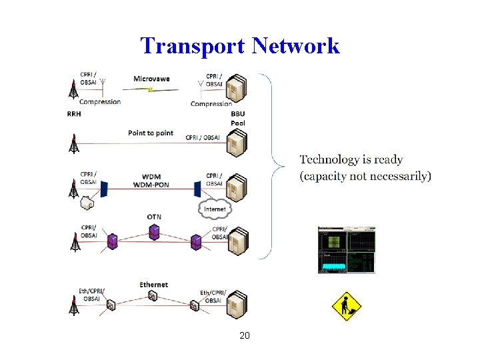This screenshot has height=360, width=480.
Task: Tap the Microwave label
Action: coord(151,79)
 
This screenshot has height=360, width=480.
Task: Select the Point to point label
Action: coord(151,133)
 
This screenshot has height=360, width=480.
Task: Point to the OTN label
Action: coord(154,217)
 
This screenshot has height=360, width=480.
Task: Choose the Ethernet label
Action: coord(153,285)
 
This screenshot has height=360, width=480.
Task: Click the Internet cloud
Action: coord(215,209)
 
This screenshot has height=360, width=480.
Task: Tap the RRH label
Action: coord(75,114)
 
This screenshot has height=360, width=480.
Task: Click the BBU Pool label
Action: coord(238,119)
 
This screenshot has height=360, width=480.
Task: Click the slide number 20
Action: coord(244,335)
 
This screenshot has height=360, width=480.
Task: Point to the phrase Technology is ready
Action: coord(351,159)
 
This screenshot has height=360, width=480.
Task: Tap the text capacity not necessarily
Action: coord(365,176)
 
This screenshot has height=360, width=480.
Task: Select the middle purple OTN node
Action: coord(154,231)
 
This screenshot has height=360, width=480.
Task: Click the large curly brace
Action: coord(269,163)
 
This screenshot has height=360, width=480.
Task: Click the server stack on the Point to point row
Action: coord(237,143)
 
